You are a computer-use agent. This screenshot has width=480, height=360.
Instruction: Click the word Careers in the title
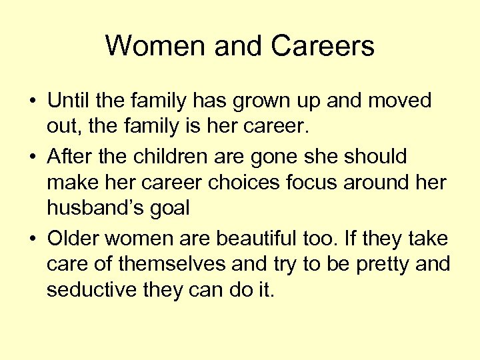(x=323, y=47)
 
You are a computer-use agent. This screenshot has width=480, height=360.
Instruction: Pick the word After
(x=69, y=156)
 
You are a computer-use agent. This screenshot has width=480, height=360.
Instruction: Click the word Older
(x=74, y=238)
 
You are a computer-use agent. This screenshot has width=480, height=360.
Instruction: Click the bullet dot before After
(x=32, y=157)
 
